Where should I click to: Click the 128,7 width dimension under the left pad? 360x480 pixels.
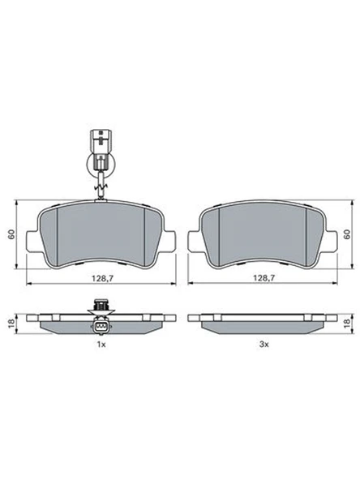(x=102, y=278)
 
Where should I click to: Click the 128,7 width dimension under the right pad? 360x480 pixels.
(x=264, y=278)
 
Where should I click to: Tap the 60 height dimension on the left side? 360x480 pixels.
(x=11, y=234)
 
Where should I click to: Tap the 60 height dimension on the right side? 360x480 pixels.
(x=347, y=234)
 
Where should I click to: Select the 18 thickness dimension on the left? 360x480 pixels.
(x=11, y=324)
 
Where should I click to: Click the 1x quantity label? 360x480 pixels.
(x=101, y=345)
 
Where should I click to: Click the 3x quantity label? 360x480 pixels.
(x=264, y=345)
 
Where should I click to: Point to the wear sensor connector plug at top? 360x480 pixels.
(x=101, y=141)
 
